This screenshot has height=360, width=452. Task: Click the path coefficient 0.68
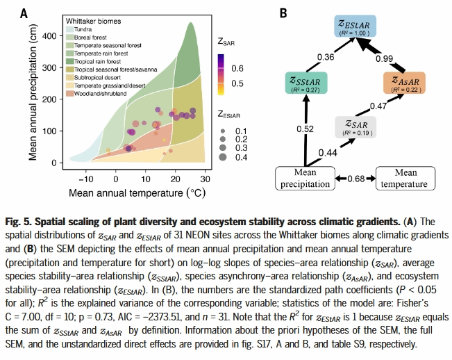(x=356, y=179)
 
